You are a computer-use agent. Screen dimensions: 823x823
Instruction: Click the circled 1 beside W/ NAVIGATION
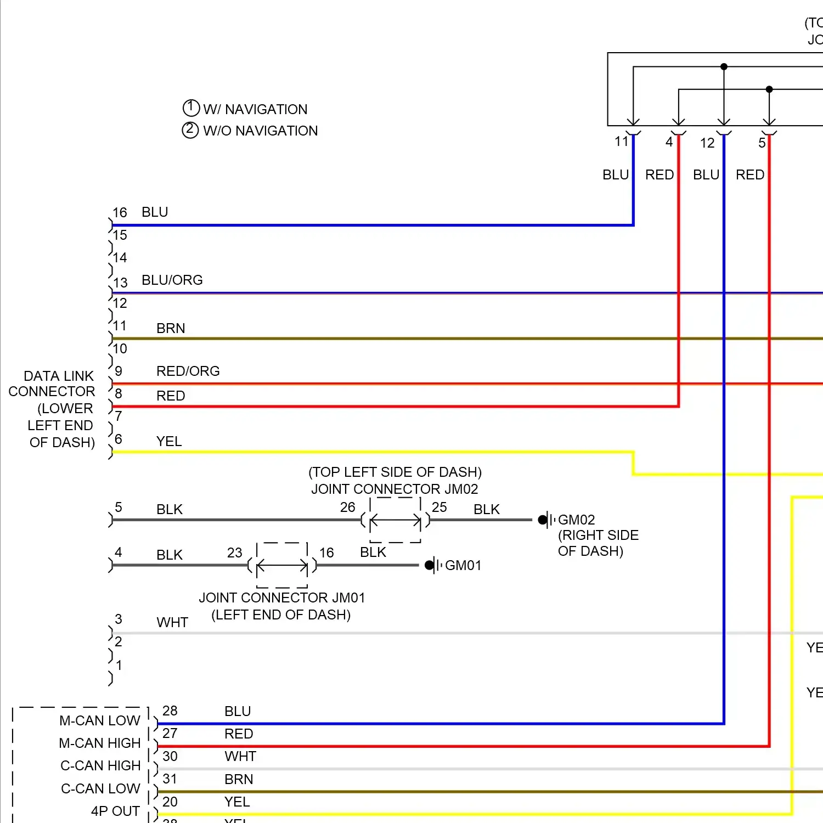coord(190,108)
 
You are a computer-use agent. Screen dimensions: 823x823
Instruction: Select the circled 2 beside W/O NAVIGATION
coord(190,130)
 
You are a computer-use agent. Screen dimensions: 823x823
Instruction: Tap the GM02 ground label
coord(576,520)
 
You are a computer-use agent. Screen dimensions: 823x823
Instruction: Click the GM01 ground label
coord(463,565)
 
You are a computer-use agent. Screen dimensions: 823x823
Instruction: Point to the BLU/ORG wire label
coord(172,280)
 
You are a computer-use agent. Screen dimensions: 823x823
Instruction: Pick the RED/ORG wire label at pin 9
coord(188,371)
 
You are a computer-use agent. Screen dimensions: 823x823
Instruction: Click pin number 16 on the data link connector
coord(120,212)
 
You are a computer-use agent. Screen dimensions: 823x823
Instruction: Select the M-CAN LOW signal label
coord(100,720)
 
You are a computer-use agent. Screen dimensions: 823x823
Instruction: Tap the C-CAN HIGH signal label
coord(100,765)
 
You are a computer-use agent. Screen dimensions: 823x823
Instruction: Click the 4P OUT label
coord(115,811)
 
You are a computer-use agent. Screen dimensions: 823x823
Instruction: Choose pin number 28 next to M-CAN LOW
coord(170,711)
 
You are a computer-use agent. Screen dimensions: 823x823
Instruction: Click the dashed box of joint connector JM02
coord(395,520)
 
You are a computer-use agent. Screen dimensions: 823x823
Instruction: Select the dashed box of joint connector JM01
coord(282,565)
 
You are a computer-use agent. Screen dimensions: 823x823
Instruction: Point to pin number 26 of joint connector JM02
coord(347,507)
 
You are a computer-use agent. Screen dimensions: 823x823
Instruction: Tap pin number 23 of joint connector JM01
coord(234,553)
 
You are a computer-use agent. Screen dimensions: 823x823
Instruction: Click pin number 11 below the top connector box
coord(621,142)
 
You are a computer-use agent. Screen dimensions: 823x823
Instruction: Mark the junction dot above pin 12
coord(724,66)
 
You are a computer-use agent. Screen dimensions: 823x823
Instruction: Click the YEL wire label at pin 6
coord(168,441)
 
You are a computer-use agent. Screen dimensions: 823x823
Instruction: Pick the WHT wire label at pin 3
coord(172,622)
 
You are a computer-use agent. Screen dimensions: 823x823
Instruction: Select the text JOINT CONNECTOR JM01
coord(281,597)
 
